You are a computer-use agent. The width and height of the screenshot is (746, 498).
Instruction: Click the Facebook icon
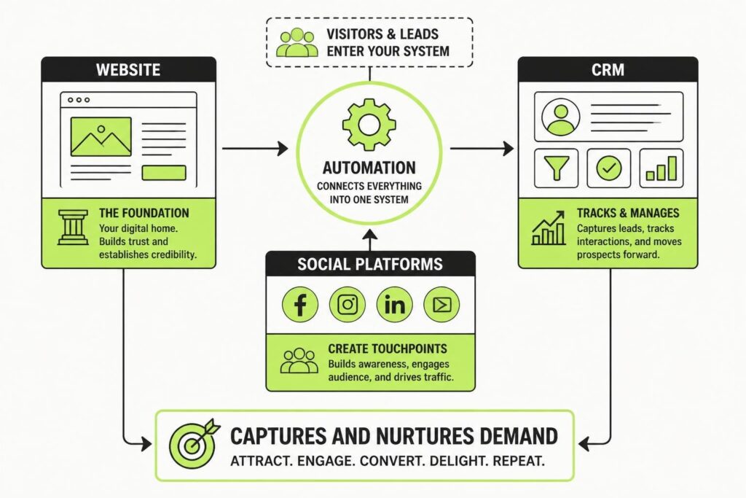(299, 304)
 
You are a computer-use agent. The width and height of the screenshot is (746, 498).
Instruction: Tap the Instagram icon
(348, 304)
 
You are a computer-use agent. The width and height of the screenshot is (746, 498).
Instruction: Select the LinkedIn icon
(394, 304)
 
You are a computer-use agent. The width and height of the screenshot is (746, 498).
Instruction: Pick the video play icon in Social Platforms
(441, 304)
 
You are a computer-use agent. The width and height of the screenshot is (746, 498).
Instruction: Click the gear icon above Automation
(369, 125)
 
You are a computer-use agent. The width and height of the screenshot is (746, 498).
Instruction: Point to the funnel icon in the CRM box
(556, 168)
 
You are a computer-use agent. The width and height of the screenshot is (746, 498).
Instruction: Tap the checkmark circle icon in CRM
(609, 168)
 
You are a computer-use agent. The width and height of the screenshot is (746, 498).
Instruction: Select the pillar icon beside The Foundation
(73, 227)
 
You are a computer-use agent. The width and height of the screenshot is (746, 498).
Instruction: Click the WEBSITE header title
(128, 69)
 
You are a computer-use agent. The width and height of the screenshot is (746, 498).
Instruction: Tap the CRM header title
(608, 69)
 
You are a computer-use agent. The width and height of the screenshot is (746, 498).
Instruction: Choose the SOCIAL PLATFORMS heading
(369, 264)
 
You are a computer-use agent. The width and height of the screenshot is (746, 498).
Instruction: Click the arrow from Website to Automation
(255, 149)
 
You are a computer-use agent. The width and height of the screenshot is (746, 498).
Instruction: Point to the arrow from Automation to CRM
(482, 149)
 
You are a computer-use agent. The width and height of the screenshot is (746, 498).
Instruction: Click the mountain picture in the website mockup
(101, 136)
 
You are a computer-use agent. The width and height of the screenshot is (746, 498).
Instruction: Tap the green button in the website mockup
(164, 172)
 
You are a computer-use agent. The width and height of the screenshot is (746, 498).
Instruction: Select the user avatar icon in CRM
(561, 117)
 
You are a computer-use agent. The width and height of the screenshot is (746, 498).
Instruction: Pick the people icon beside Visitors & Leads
(297, 42)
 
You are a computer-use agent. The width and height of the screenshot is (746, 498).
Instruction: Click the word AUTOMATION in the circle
(369, 168)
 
